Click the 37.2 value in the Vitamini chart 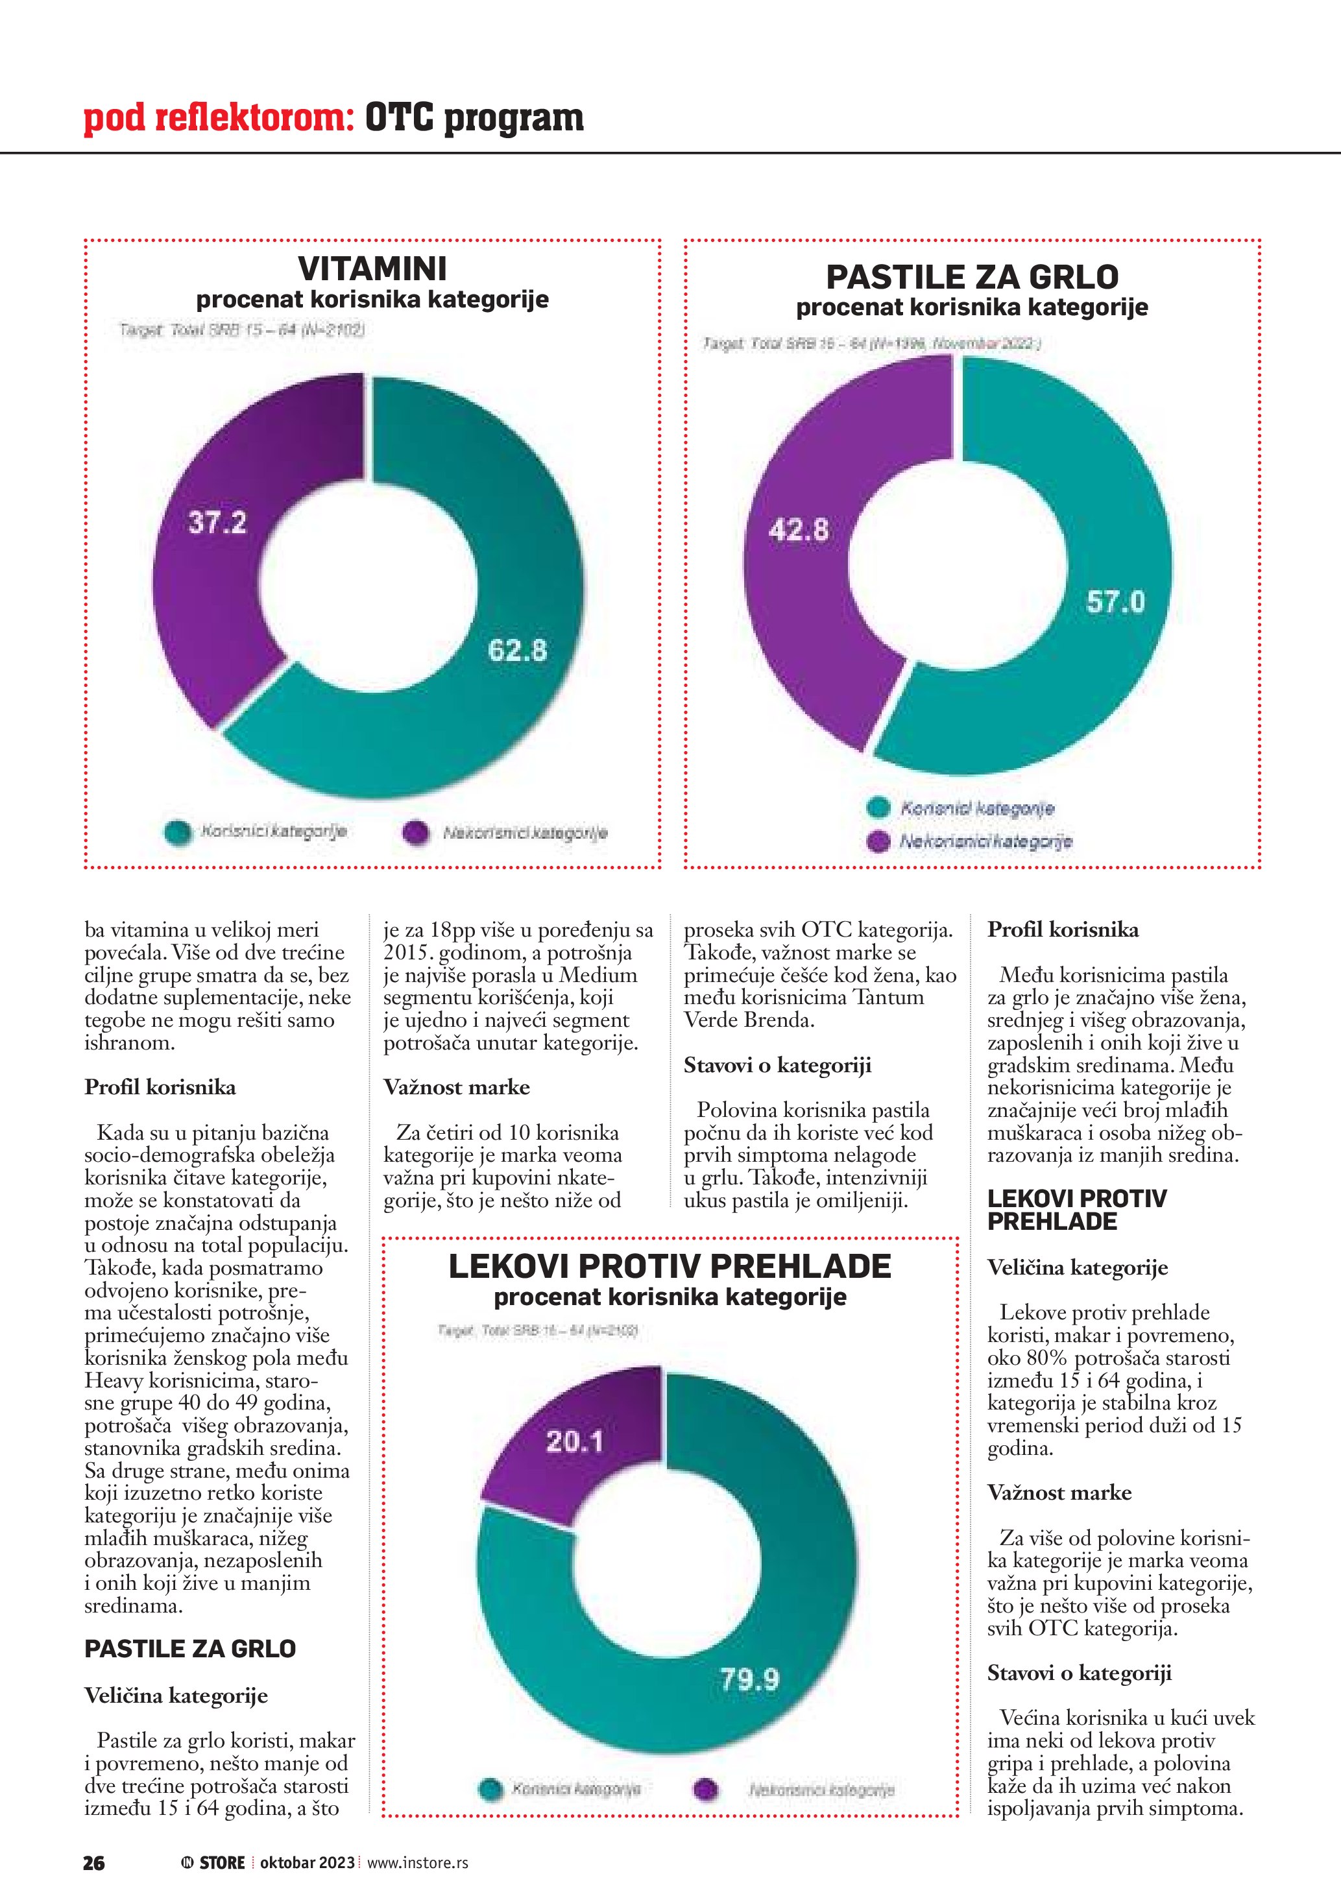pos(217,523)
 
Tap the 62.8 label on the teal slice pos(517,651)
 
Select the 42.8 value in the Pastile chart pos(799,529)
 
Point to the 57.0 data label pos(1116,602)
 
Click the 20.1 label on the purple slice pos(575,1442)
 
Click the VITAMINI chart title pos(372,269)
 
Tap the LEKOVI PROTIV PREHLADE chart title pos(670,1267)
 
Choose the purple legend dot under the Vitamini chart pos(415,832)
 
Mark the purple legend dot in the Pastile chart pos(878,841)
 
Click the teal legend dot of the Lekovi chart pos(490,1790)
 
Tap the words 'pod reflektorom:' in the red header pos(219,118)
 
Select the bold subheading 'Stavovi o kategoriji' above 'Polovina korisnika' pos(777,1065)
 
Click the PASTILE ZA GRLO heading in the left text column pos(190,1649)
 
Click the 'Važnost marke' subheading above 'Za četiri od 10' pos(456,1088)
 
